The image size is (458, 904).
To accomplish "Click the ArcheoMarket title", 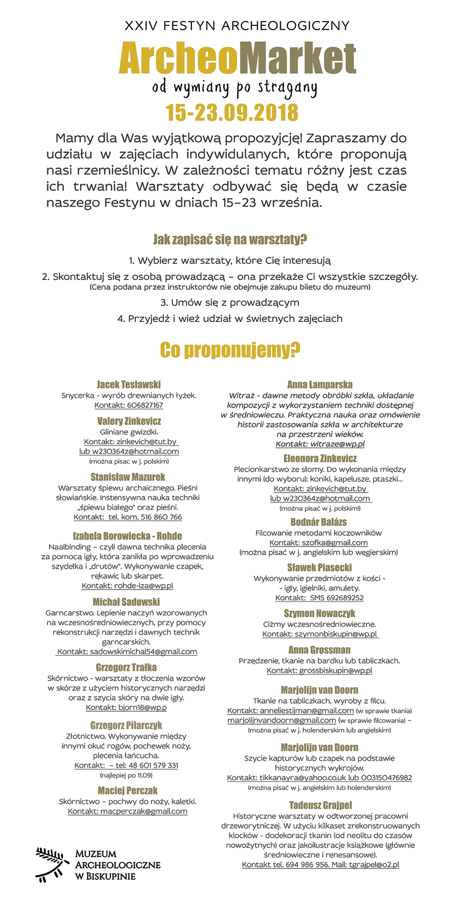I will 237,58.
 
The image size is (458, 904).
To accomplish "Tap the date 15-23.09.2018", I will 232,113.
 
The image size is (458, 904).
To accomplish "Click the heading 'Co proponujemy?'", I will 230,351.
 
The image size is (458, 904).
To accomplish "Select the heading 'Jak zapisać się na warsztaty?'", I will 230,240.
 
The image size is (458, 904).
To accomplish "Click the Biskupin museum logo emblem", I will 53,864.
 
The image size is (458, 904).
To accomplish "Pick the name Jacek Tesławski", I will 129,384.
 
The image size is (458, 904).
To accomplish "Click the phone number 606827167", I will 145,405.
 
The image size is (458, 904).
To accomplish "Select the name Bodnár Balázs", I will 318,522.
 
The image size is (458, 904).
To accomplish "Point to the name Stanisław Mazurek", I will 128,477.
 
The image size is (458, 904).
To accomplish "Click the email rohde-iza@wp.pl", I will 143,586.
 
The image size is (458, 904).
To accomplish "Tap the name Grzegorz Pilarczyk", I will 126,725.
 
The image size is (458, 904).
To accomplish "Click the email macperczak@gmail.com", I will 143,811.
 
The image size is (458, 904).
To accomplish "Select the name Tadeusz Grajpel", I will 320,805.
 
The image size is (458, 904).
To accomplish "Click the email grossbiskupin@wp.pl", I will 335,671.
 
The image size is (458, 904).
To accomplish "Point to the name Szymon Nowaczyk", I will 320,613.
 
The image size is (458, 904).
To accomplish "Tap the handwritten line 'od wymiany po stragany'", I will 234,87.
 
